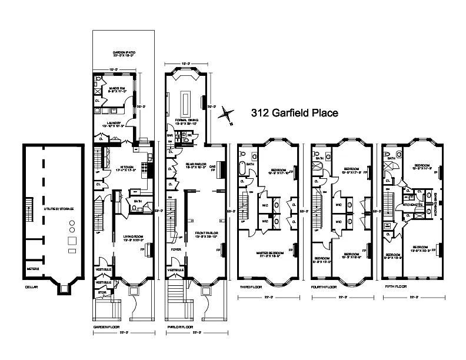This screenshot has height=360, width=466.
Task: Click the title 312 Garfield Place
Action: coord(294,113)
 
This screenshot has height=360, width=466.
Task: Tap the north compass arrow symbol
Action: coord(225,116)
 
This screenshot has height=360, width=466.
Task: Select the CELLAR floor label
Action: coord(31,288)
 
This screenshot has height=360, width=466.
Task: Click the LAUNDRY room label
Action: coord(115,124)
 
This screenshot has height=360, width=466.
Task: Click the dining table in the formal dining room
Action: coord(188,103)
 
